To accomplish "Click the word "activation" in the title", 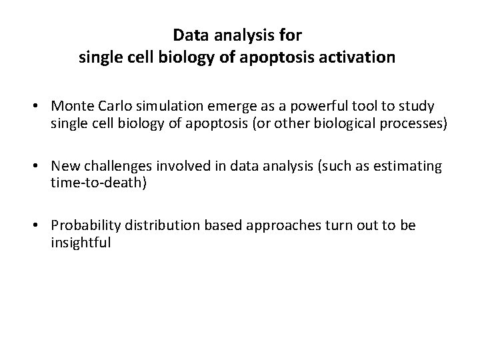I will click(x=361, y=58).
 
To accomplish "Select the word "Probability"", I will click(x=92, y=225).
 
